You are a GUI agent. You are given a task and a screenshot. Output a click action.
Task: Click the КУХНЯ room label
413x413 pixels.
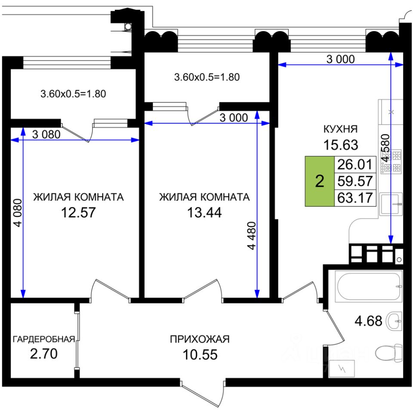click(341, 129)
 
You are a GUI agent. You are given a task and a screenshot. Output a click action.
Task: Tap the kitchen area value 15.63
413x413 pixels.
click(341, 145)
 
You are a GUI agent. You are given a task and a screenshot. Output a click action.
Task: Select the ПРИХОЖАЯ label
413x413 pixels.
click(200, 339)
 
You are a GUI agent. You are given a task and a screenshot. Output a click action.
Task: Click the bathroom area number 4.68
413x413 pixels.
click(368, 321)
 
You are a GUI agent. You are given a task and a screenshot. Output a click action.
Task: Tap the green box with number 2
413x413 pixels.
click(320, 181)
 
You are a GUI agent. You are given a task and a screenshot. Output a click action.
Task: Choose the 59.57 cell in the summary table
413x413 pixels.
click(355, 181)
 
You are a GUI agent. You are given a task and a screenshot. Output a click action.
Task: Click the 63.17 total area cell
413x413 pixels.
click(355, 198)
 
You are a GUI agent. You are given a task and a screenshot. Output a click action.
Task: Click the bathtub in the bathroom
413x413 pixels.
click(370, 286)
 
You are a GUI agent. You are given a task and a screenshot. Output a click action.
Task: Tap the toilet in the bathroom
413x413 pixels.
click(387, 354)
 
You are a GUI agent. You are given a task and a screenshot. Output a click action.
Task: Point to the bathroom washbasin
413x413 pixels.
click(395, 321)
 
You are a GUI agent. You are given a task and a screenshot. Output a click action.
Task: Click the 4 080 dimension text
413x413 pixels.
click(18, 219)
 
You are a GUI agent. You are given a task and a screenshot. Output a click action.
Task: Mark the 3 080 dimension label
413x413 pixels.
click(46, 134)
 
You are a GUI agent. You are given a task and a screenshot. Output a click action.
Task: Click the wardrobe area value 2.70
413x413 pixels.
click(43, 355)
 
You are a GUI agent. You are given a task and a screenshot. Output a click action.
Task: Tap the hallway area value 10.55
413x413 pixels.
click(200, 355)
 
